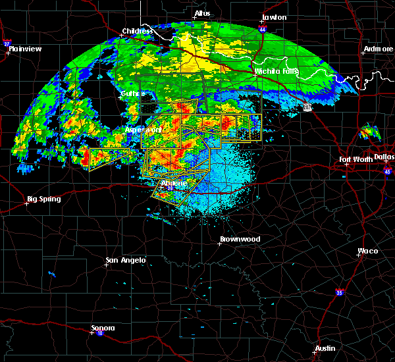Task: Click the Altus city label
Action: pyautogui.click(x=202, y=13)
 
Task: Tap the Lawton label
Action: pyautogui.click(x=275, y=17)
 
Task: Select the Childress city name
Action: pyautogui.click(x=138, y=31)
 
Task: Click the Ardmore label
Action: pyautogui.click(x=378, y=49)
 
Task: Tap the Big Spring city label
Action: pyautogui.click(x=43, y=199)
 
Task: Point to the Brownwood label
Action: pyautogui.click(x=240, y=239)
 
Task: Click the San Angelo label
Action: pyautogui.click(x=125, y=261)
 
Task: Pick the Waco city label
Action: pyautogui.click(x=367, y=251)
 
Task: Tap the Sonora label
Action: pyautogui.click(x=103, y=328)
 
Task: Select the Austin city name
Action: pyautogui.click(x=325, y=348)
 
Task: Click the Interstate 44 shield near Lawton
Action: pyautogui.click(x=263, y=30)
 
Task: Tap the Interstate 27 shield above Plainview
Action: pyautogui.click(x=7, y=43)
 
